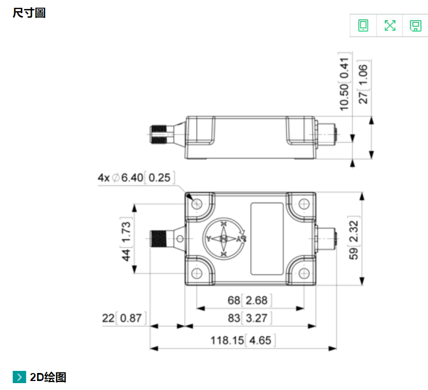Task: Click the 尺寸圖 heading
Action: coord(29,13)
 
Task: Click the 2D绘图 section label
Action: coord(48,377)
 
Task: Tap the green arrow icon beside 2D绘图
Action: coord(20,377)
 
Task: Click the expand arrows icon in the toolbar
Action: coord(390,25)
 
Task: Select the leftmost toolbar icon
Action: coord(363,25)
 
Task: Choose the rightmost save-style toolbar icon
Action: coord(415,25)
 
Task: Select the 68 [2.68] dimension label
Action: coord(250,301)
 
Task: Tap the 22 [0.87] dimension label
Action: coord(122,318)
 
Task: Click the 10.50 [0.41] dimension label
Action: coord(345,84)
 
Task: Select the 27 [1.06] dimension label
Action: coord(363,84)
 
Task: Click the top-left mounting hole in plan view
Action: coord(198,204)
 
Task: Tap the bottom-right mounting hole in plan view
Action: coord(304,273)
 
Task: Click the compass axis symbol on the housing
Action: coord(224,239)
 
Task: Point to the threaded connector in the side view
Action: coord(161,133)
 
